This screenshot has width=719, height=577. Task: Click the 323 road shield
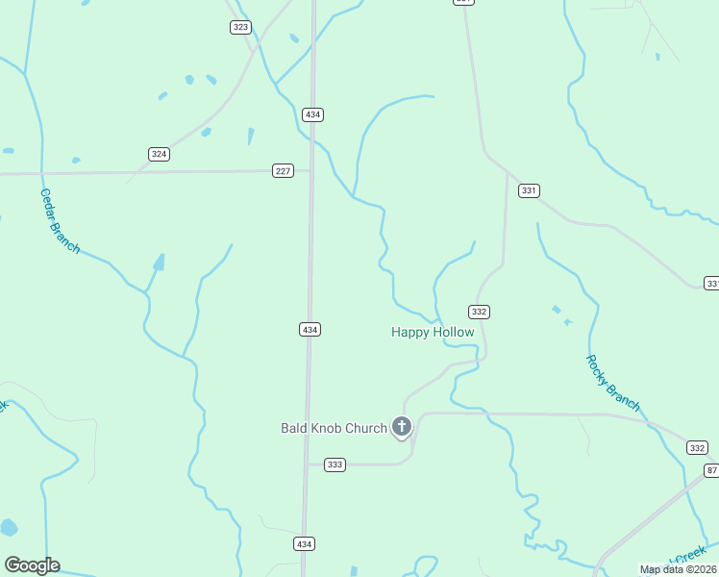tap(240, 27)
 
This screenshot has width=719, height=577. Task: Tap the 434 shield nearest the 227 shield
tap(312, 114)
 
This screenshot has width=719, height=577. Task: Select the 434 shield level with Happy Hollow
tap(310, 329)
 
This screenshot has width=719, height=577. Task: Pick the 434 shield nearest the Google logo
tap(304, 544)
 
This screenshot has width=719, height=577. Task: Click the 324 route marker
tap(159, 154)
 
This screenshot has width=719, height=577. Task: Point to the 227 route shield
tap(282, 171)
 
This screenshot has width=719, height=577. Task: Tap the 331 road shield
tap(528, 190)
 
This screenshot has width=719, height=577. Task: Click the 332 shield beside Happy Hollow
tap(480, 312)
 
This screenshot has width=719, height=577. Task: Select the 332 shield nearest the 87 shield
tap(697, 448)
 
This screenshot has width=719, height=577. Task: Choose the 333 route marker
tap(335, 464)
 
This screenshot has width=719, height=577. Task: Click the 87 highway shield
tap(711, 469)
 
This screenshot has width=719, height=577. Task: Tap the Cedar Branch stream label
tap(59, 220)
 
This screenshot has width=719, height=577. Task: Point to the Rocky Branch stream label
tap(612, 383)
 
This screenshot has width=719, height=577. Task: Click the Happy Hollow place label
tap(433, 332)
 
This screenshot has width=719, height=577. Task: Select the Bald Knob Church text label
tap(334, 428)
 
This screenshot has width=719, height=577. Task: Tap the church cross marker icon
tap(402, 426)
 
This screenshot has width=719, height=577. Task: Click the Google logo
tap(32, 565)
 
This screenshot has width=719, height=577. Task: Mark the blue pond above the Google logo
tap(9, 527)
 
